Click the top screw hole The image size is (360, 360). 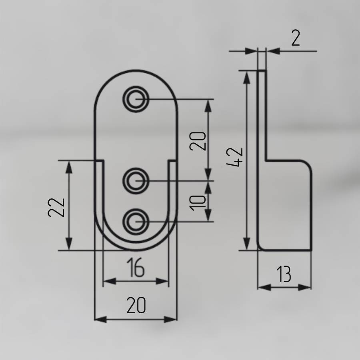(136, 99)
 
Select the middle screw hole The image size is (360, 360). (136, 181)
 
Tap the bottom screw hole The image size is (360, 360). (136, 222)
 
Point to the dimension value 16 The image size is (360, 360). (136, 267)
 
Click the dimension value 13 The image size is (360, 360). (284, 274)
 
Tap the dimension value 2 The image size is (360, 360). (296, 38)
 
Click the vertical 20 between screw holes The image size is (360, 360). (198, 141)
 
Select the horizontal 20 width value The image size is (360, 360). (136, 305)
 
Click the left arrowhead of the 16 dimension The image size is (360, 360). (109, 281)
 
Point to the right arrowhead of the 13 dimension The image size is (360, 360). (305, 287)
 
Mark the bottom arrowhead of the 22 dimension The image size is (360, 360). (69, 244)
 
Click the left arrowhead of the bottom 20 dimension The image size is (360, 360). (101, 319)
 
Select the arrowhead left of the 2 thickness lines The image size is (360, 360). (251, 51)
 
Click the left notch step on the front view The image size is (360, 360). (99, 160)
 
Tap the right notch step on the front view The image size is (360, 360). (173, 160)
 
